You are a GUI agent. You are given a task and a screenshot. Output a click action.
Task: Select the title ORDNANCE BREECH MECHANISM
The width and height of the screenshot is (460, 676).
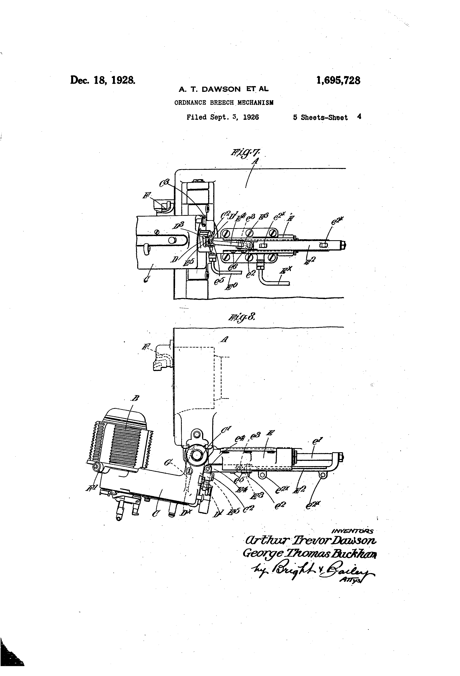(224, 103)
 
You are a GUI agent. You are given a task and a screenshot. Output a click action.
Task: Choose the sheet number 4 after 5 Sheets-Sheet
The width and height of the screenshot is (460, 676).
(359, 117)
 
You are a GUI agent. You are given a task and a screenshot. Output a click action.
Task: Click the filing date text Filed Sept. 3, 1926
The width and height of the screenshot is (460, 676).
(222, 117)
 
